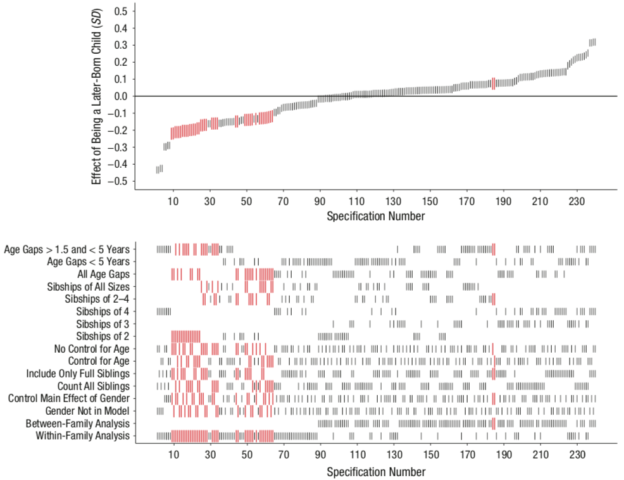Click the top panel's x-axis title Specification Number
[x=376, y=216]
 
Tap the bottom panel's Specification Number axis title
[x=376, y=472]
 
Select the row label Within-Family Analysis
[x=82, y=436]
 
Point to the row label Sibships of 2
[x=103, y=336]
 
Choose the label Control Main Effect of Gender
[x=68, y=398]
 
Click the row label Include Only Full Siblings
[x=77, y=374]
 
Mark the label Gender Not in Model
[x=87, y=411]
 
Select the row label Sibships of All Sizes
[x=88, y=286]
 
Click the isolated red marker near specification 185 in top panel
[x=494, y=84]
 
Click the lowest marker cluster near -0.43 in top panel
[x=159, y=169]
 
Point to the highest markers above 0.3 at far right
[x=592, y=42]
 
